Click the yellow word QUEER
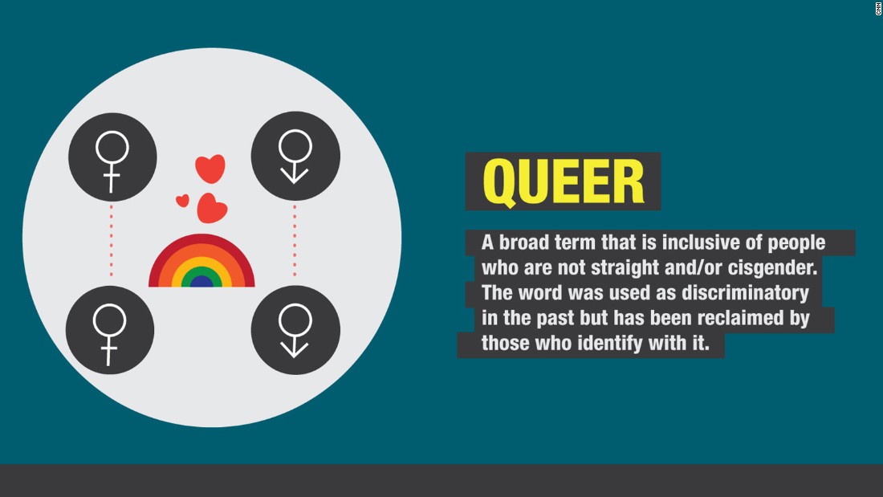(564, 182)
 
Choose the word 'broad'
(523, 242)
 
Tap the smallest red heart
(182, 200)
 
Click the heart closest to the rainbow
(212, 208)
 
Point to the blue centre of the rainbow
(201, 281)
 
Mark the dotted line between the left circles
(111, 241)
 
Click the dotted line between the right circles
(295, 241)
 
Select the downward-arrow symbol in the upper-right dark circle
(295, 173)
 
